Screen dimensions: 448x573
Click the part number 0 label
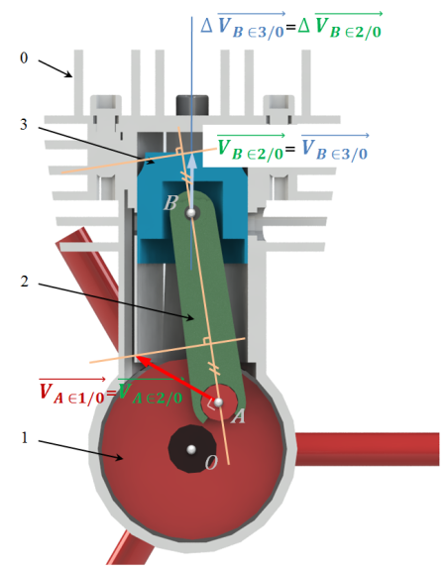pos(24,58)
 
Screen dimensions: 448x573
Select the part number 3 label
pos(24,125)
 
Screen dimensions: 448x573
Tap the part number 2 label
pos(24,282)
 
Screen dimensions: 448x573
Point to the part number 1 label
pos(25,437)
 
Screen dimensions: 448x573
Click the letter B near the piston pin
pos(170,203)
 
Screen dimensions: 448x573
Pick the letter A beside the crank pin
pos(238,416)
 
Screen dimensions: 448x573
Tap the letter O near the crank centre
pos(211,463)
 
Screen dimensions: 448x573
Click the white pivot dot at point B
pos(190,212)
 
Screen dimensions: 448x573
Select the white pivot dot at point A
pos(218,402)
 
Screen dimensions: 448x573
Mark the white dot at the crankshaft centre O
pos(191,449)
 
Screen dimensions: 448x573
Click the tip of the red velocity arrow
pos(137,356)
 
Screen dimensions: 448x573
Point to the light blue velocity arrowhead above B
pos(192,162)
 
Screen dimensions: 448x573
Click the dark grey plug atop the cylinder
pos(192,105)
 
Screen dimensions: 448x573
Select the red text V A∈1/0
pos(71,392)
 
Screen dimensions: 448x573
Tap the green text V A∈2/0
pos(151,392)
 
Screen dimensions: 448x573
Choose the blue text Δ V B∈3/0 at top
pos(243,26)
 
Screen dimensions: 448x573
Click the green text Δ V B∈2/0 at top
pos(340,26)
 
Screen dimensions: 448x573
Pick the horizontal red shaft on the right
pos(367,449)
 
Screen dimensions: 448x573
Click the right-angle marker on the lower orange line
pos(206,341)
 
